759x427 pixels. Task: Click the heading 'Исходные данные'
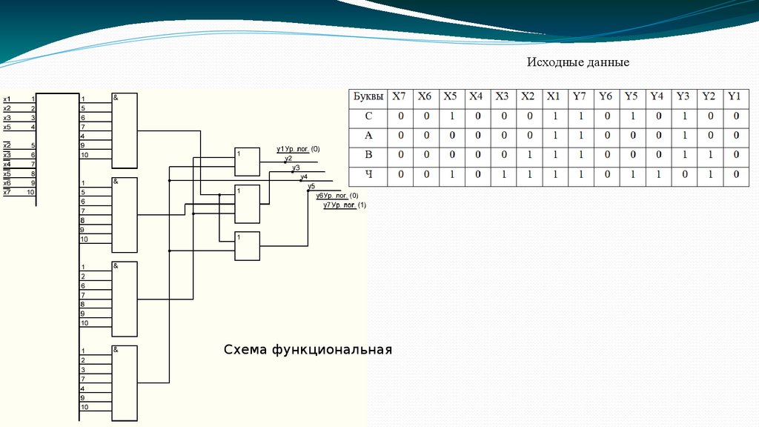tap(577, 62)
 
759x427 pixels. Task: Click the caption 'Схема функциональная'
tap(308, 348)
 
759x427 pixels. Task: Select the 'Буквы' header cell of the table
tap(368, 96)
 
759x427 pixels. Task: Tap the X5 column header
tap(450, 96)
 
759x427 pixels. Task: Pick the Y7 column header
tap(579, 96)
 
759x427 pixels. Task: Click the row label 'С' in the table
tap(368, 116)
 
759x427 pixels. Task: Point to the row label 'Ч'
tap(368, 174)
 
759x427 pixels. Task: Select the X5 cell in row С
tap(450, 116)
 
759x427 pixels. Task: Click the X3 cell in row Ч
tap(502, 174)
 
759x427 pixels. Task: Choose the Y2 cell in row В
tap(709, 155)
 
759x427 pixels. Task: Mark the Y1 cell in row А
tap(735, 136)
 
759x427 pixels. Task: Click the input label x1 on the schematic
tap(7, 99)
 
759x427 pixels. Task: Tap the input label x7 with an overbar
tap(7, 192)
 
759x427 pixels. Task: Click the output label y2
tap(288, 159)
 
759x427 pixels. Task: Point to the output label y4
tap(303, 176)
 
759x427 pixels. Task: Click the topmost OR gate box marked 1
tap(247, 160)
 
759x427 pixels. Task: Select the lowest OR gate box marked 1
tap(247, 245)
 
